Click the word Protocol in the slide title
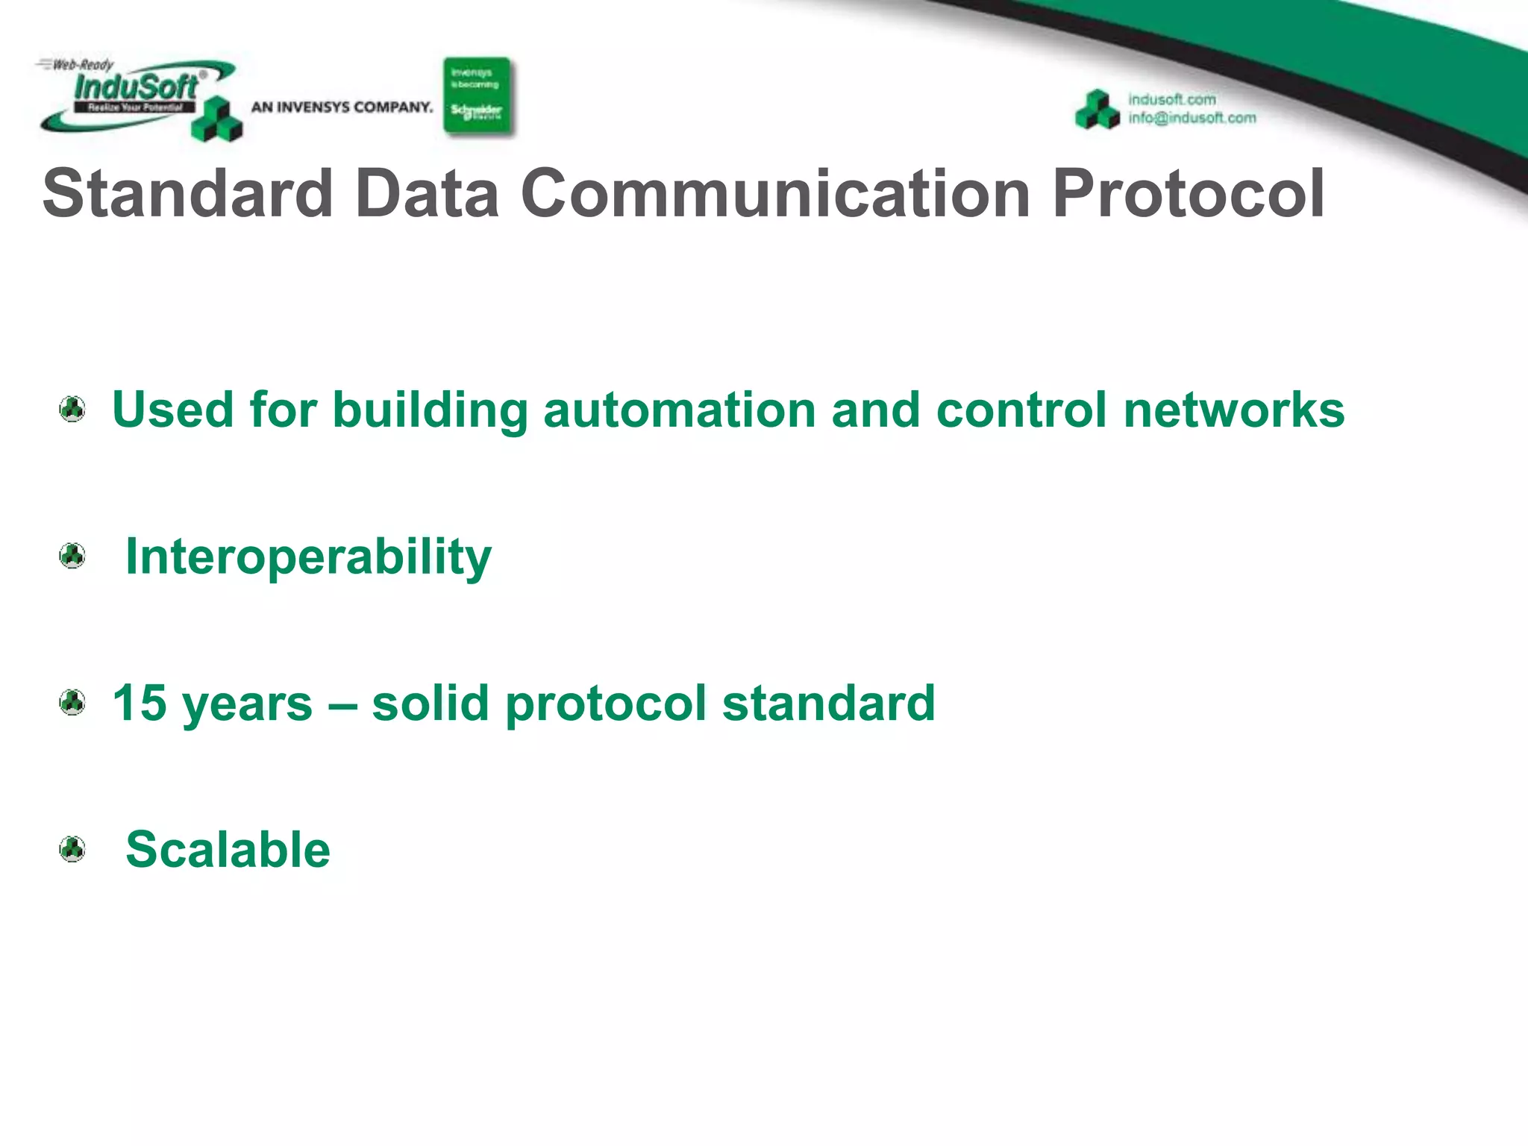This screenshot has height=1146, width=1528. (x=1188, y=193)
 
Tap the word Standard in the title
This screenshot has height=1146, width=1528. (x=187, y=193)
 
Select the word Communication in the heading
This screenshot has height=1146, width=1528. (x=776, y=193)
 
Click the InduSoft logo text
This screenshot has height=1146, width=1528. (x=136, y=87)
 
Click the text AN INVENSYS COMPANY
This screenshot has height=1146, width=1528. (x=342, y=107)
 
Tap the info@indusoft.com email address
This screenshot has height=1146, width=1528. (x=1192, y=118)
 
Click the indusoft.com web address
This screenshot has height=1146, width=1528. (x=1171, y=99)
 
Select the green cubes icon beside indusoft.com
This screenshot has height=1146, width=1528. (x=1098, y=110)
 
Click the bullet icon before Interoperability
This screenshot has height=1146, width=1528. (x=72, y=556)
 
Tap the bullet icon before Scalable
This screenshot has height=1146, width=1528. (x=72, y=849)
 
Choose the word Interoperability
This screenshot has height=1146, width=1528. (x=308, y=557)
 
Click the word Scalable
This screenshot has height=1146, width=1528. (x=228, y=850)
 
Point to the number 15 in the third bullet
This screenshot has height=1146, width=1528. (x=140, y=703)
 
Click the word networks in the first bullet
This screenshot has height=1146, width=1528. (x=1233, y=410)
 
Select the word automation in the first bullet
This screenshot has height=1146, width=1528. (x=680, y=410)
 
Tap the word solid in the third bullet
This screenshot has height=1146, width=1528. (x=430, y=703)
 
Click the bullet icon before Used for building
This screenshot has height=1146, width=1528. (x=72, y=409)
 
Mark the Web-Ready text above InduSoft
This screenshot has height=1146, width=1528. (x=82, y=65)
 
